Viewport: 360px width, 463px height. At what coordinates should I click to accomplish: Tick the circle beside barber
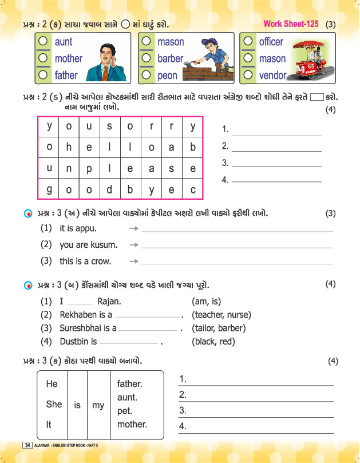point(147,58)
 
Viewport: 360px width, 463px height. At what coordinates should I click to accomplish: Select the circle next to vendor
point(248,74)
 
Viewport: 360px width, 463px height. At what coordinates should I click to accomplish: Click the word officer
point(271,42)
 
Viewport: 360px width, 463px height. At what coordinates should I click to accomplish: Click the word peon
point(168,75)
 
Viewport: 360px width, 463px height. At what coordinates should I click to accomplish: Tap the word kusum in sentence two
point(103,245)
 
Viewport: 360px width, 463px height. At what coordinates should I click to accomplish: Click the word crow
point(101,261)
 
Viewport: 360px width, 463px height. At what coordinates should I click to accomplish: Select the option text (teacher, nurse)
point(221,314)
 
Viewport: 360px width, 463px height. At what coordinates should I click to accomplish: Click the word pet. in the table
point(126,410)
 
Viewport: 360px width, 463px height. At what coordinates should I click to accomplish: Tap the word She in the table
point(54,404)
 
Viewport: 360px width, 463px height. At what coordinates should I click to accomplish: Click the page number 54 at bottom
point(26,445)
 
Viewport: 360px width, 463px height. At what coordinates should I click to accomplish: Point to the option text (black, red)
point(213,342)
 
